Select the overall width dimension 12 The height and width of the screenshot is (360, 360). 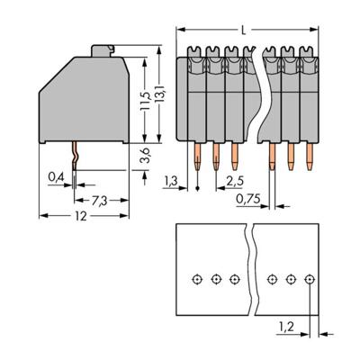[x=82, y=217]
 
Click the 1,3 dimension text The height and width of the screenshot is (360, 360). [x=171, y=180]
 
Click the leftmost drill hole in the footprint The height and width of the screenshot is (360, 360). [x=197, y=280]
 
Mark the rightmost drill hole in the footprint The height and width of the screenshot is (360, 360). [x=309, y=280]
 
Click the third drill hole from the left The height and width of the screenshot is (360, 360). [x=234, y=280]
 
